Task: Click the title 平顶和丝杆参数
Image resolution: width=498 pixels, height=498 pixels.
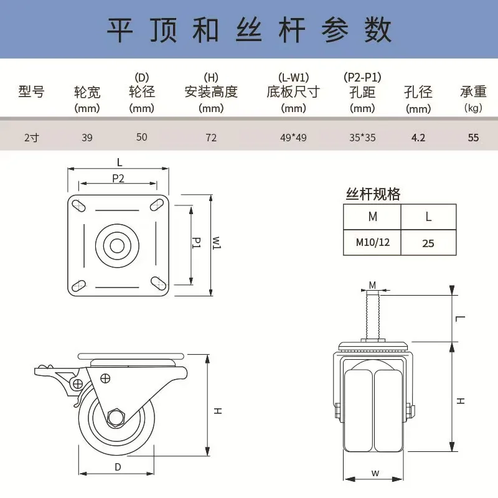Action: click(x=249, y=30)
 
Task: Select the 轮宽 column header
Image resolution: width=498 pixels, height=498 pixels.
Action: click(x=87, y=92)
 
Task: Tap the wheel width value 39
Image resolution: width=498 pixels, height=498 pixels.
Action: click(x=87, y=137)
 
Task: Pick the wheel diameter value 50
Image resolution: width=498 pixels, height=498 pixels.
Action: click(x=142, y=136)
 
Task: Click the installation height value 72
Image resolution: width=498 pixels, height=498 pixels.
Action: click(x=211, y=137)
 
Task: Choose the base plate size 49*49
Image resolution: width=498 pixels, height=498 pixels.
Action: click(x=293, y=137)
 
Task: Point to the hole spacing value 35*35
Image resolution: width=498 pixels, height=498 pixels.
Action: click(x=362, y=137)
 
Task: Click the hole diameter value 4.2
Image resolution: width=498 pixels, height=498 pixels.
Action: click(x=418, y=137)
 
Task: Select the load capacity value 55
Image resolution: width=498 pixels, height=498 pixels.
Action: click(x=473, y=137)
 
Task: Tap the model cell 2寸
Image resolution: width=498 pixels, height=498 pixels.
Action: click(x=31, y=137)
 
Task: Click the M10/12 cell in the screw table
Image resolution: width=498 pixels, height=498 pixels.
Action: click(x=372, y=242)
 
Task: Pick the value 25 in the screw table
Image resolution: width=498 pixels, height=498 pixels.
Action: click(x=428, y=243)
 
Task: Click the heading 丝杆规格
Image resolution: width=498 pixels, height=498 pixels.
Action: click(x=373, y=194)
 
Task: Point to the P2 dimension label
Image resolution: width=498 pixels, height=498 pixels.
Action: click(x=118, y=178)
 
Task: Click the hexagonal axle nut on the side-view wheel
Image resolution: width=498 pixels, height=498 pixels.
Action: click(x=116, y=417)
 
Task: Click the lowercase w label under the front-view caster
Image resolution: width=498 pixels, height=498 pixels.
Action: click(x=375, y=472)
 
